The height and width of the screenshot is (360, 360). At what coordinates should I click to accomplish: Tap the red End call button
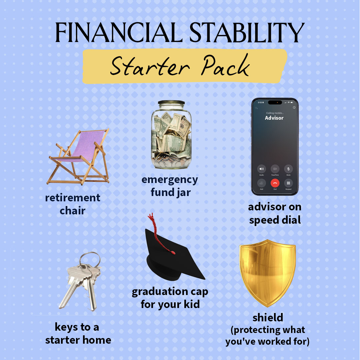point(275,183)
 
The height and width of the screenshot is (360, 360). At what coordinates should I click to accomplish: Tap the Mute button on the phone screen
point(288,169)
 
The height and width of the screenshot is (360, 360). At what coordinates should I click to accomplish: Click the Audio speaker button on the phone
point(261,169)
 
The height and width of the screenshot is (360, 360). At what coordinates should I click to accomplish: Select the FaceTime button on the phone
point(275,169)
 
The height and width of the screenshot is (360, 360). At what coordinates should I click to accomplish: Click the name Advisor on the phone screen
point(274,118)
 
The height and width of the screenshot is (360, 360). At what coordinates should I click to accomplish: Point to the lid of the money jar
point(171,103)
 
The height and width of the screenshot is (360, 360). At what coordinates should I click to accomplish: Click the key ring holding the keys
point(91,260)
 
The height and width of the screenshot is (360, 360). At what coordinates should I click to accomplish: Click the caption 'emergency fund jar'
point(170,186)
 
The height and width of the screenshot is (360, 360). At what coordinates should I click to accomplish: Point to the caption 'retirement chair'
point(73,204)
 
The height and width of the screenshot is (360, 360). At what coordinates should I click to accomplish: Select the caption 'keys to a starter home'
point(78,333)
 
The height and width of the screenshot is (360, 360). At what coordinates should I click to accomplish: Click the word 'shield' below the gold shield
point(268,317)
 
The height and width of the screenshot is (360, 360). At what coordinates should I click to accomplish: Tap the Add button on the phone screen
point(261,183)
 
